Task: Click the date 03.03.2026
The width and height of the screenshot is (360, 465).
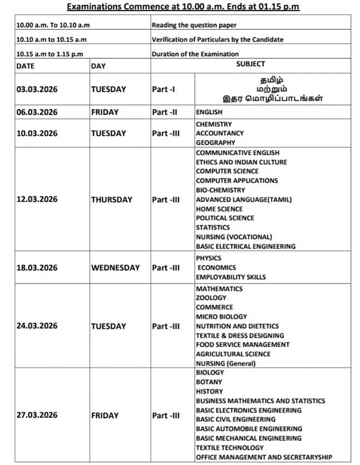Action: [37, 89]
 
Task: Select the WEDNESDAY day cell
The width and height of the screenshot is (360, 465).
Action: [115, 267]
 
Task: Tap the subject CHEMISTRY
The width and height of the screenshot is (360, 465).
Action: [214, 124]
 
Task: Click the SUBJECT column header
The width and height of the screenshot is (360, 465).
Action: [250, 64]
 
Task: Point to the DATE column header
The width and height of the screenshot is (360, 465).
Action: [26, 66]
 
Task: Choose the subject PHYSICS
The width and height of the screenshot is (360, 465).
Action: [209, 258]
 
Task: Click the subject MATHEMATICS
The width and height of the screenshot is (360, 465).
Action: [219, 288]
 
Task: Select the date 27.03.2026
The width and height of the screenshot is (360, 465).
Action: [37, 415]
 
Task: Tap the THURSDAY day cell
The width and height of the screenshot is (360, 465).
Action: [112, 199]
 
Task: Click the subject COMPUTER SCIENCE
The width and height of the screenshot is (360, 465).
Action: [227, 171]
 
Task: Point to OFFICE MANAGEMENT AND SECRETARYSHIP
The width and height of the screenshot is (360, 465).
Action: [264, 457]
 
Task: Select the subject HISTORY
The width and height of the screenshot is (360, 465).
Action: [209, 391]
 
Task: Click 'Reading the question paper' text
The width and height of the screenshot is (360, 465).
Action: [194, 25]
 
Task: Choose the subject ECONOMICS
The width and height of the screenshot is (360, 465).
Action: [216, 267]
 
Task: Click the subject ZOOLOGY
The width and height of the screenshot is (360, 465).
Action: [211, 298]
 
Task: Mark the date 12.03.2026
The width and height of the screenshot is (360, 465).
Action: [37, 199]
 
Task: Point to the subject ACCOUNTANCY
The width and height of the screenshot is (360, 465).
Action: [220, 133]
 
